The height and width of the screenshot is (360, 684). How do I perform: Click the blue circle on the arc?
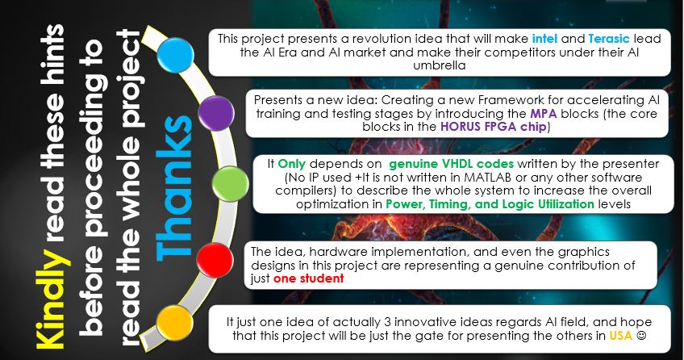point(175,56)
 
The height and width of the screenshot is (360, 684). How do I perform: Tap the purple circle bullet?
point(216,114)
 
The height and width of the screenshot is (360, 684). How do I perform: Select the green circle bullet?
point(231,184)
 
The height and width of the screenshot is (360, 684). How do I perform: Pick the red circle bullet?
point(215,261)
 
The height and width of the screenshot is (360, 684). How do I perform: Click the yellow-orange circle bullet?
point(174,324)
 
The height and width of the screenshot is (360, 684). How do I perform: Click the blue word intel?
point(544,39)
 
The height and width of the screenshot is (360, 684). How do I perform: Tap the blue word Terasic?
point(609,39)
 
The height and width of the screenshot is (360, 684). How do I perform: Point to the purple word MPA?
point(544,114)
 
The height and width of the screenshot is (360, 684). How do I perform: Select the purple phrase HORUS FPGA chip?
point(494,127)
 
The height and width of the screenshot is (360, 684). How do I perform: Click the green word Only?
point(292,164)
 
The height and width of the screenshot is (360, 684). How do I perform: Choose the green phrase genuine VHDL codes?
point(452,164)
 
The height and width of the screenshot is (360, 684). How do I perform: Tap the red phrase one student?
point(308,278)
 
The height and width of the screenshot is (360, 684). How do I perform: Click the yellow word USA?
point(621,336)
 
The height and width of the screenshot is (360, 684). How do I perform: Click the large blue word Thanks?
point(174,187)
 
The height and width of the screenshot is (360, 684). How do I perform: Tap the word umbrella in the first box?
point(440,65)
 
